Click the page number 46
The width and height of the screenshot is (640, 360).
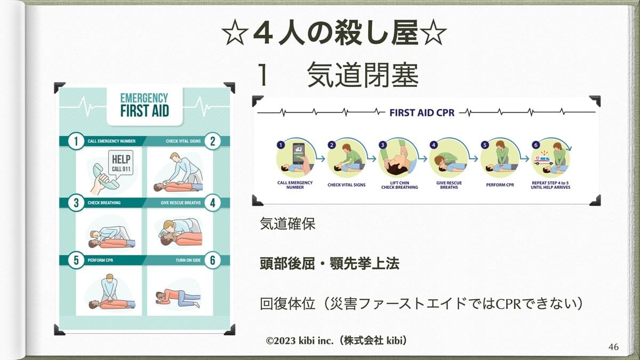point(613,347)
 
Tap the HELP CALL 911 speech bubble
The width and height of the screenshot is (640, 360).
point(121,163)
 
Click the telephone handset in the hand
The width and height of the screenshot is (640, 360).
point(105,177)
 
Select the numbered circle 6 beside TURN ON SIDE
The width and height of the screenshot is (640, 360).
point(213,260)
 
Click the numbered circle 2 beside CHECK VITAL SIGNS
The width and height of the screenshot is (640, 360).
point(213,141)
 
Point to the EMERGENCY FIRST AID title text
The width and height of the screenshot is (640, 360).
point(145,105)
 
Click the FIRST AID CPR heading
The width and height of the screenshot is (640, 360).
point(422,113)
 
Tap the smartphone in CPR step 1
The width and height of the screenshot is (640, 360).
point(298,153)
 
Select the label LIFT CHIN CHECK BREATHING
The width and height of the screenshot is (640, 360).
point(399,185)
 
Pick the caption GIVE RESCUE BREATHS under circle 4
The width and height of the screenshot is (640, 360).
point(449,185)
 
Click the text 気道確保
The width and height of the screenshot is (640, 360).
point(287,223)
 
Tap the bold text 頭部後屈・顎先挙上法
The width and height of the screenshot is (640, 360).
point(330,263)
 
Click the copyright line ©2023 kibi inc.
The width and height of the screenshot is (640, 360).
point(337,341)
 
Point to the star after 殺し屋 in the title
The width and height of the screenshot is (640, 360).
point(435,33)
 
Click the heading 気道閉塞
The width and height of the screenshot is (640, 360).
point(363,75)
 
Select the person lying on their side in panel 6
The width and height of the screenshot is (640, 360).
point(178,298)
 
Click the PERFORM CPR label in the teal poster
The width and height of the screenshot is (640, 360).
point(100,260)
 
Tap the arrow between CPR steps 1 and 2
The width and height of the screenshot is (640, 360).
point(321,158)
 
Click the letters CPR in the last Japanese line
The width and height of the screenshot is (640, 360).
point(505,304)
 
